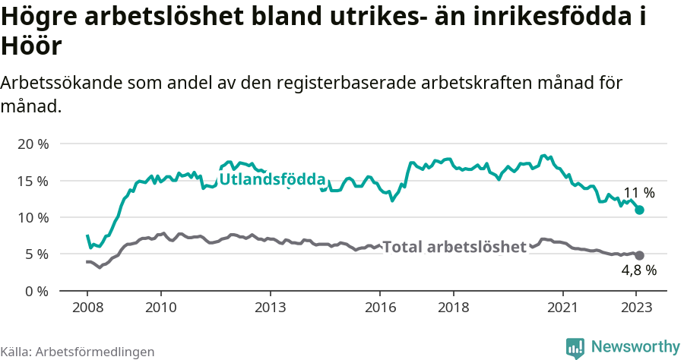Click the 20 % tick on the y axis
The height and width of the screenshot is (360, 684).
(33, 144)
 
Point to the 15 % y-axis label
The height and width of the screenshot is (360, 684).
(33, 181)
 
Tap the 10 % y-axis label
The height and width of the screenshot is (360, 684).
(33, 217)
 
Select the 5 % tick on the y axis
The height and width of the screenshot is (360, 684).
(36, 254)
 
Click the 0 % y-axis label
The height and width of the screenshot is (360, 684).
(36, 291)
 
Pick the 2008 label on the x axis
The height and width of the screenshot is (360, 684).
(87, 308)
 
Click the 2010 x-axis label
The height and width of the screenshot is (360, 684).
(160, 308)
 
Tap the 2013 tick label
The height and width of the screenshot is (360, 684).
(270, 308)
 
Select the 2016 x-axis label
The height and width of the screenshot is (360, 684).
(380, 308)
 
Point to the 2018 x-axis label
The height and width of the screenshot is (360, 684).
(453, 308)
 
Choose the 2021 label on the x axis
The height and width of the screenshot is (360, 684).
(562, 308)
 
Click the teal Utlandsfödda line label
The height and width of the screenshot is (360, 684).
(272, 180)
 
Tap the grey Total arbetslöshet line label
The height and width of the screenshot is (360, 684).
(454, 247)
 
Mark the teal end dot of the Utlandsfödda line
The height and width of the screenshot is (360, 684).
(639, 210)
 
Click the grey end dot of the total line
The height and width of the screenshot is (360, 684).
(639, 255)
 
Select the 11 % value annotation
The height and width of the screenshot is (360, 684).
(638, 193)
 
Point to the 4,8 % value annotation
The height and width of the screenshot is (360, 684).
(638, 270)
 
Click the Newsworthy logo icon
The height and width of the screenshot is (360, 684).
(575, 347)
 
